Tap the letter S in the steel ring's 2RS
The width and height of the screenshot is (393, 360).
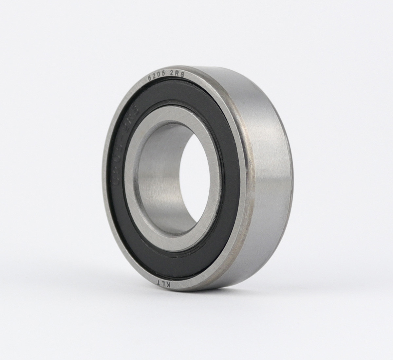coord(183,75)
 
